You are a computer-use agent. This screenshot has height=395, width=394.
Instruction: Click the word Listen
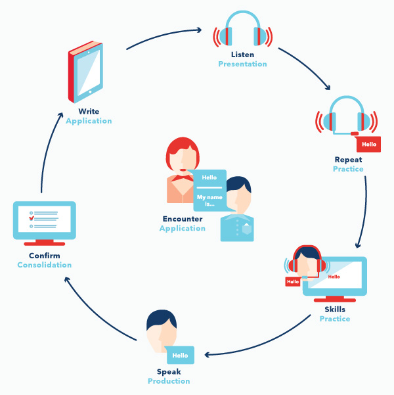(x=242, y=55)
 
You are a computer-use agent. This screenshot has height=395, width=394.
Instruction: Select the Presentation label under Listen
(x=242, y=64)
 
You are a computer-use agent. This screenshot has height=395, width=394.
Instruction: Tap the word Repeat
(x=348, y=160)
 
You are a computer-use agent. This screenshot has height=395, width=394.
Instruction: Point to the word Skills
(x=334, y=310)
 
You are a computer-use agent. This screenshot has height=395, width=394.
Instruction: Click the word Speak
(x=169, y=371)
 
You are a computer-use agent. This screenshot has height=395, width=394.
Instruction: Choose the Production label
(x=169, y=381)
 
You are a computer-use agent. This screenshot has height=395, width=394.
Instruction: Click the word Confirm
(x=45, y=255)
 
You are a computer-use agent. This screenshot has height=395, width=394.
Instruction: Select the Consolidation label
(x=45, y=265)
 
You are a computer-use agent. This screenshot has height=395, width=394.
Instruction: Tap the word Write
(x=89, y=111)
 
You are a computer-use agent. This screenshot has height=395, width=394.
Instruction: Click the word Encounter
(x=183, y=219)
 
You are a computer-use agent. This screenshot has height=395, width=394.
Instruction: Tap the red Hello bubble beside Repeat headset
(x=369, y=144)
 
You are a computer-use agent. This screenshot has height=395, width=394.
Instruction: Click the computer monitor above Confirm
(x=45, y=222)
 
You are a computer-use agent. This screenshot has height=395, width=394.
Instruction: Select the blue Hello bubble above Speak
(x=180, y=355)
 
